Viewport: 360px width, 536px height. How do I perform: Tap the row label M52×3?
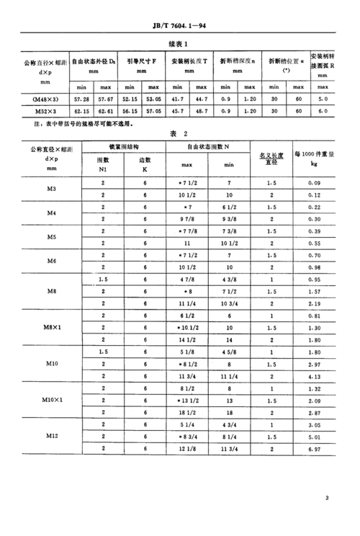(50, 112)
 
